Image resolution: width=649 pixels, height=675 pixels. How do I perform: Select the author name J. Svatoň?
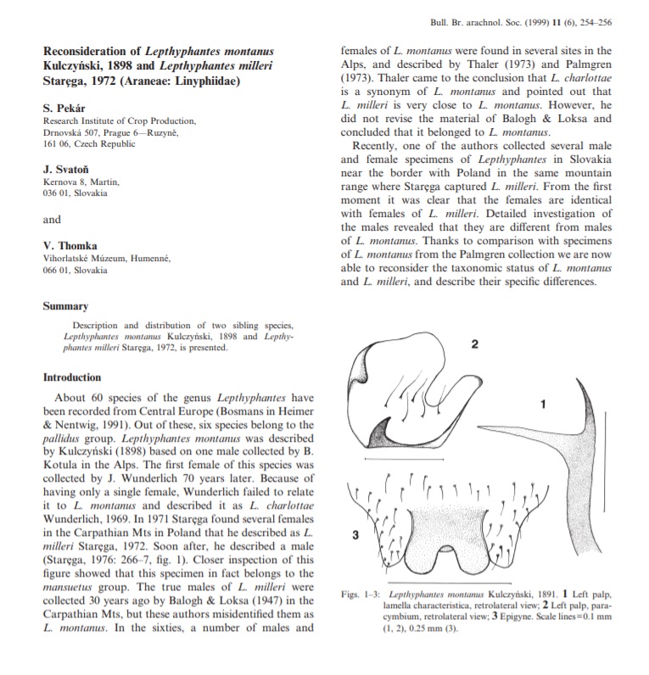point(64,169)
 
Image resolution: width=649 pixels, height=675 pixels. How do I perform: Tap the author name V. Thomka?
point(68,246)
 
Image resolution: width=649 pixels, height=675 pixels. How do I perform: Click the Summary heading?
point(65,307)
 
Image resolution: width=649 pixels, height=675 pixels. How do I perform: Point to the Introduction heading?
point(72,377)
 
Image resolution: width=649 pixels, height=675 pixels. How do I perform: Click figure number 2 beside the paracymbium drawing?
point(476,343)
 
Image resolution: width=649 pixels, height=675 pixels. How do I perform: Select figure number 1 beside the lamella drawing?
point(542,404)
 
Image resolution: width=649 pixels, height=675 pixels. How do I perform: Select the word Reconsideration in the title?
point(87,50)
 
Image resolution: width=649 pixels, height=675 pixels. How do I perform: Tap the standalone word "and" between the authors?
point(52,220)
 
